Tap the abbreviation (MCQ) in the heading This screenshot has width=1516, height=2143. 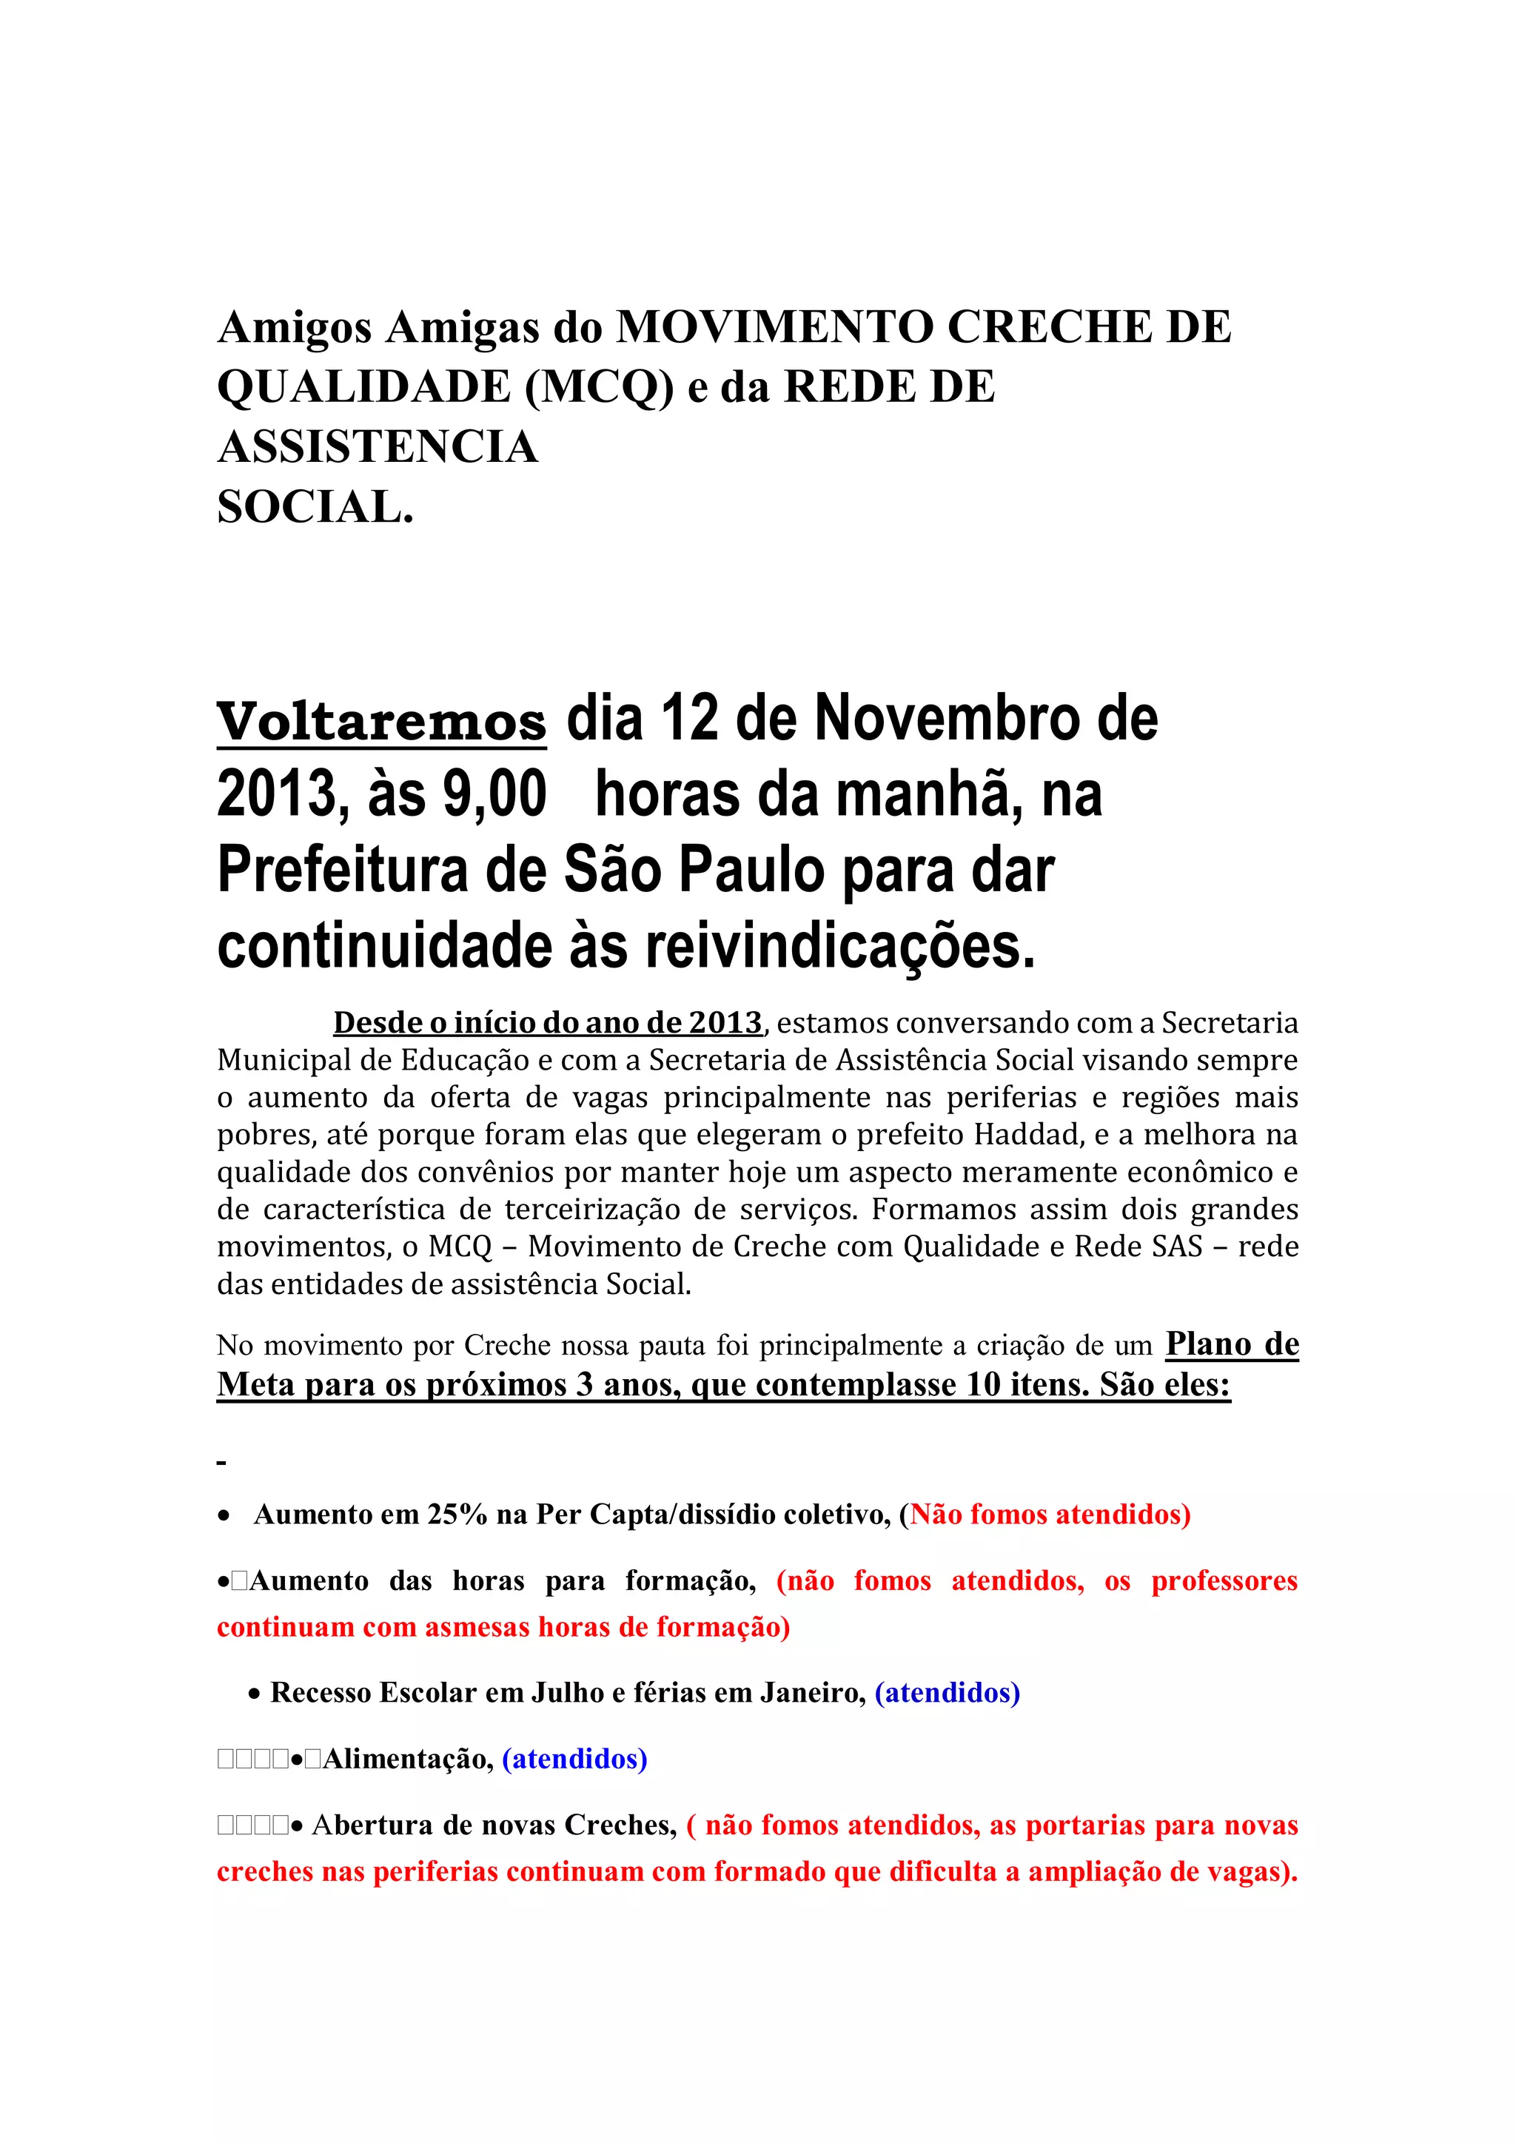tap(600, 387)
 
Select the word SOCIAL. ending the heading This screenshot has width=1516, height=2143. tap(315, 508)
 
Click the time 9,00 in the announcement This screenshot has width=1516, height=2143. tap(494, 795)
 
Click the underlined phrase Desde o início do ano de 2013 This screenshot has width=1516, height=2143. tap(548, 1023)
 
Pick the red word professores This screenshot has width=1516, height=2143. tap(1224, 1581)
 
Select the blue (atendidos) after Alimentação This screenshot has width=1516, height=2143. tap(574, 1759)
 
